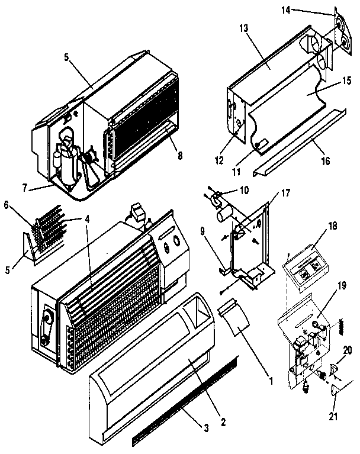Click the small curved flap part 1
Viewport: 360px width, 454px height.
[234, 319]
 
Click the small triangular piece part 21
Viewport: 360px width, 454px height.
[335, 390]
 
